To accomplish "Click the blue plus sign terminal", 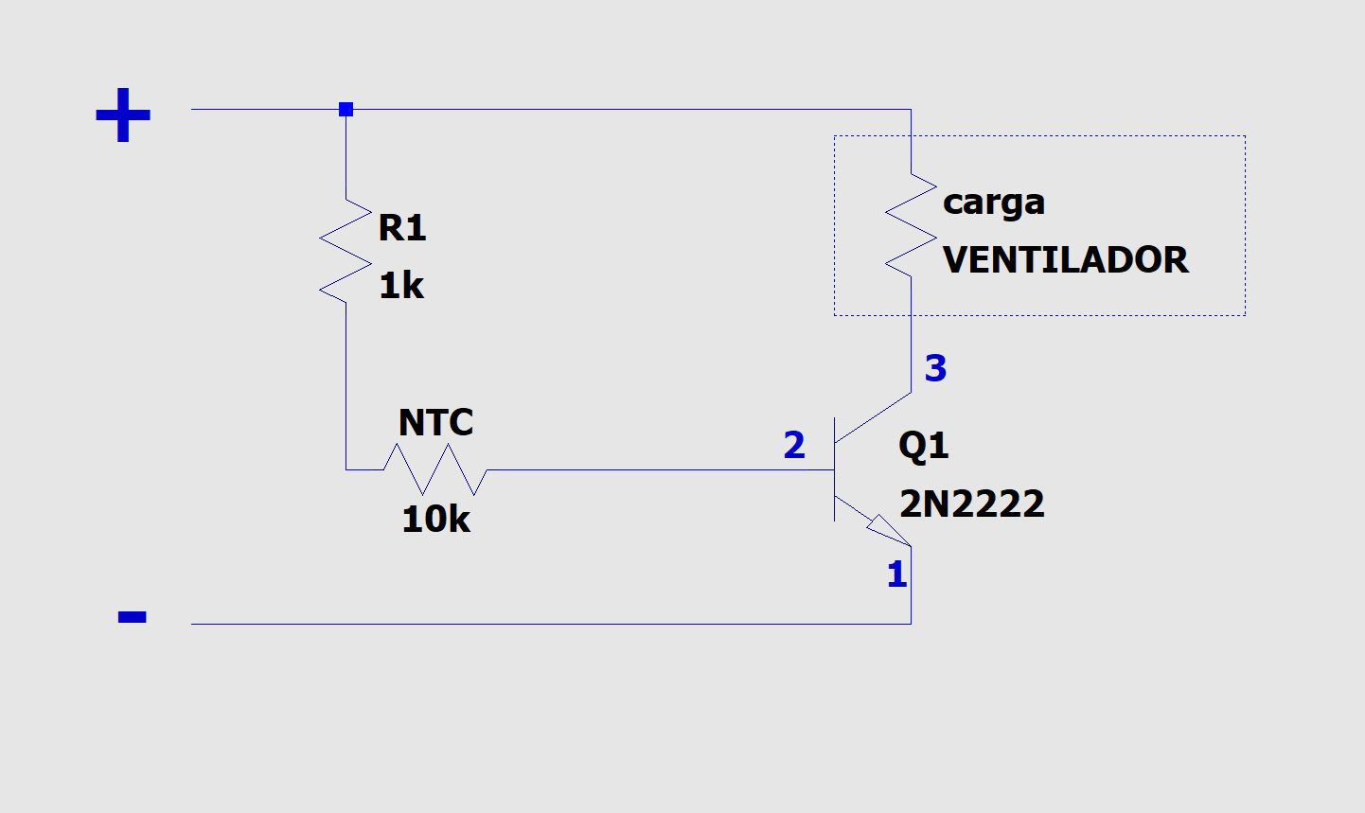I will coord(123,115).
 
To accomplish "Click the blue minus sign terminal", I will coord(132,617).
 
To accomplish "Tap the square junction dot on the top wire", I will coord(346,110).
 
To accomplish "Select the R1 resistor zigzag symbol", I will coord(346,251).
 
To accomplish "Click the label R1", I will coord(402,228).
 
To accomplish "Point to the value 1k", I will coord(401,286).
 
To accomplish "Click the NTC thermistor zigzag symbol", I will coord(435,469).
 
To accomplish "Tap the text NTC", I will coord(435,422).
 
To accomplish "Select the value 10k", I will coord(435,519).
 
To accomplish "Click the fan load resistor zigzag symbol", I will coord(911,225).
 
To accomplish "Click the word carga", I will coord(994,203).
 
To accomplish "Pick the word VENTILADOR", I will coord(1065,260).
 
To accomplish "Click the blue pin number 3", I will coord(935,368).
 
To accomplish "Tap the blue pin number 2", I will coord(794,445).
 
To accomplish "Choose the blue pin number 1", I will coord(896,574).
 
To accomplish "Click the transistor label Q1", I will coord(923,445).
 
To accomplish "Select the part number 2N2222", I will coord(972,504).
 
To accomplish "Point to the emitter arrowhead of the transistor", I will coord(888,529).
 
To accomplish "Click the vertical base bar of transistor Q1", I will coord(834,469).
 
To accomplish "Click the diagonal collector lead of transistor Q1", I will coord(873,417).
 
